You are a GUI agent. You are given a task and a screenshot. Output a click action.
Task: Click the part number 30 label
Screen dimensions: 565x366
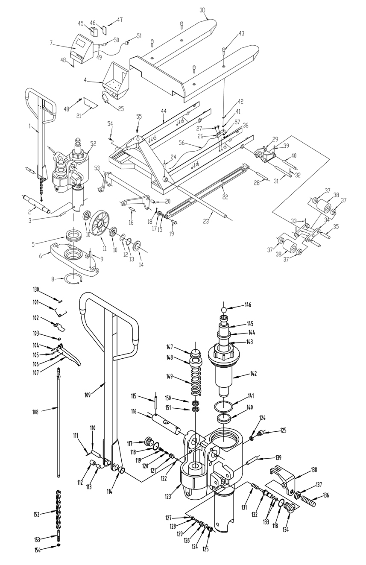click(x=202, y=10)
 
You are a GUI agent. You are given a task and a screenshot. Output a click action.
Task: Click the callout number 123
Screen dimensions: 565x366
click(x=168, y=496)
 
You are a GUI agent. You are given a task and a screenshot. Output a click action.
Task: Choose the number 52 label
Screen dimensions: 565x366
click(x=93, y=144)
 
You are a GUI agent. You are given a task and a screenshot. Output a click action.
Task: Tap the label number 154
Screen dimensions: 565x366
click(x=38, y=550)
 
